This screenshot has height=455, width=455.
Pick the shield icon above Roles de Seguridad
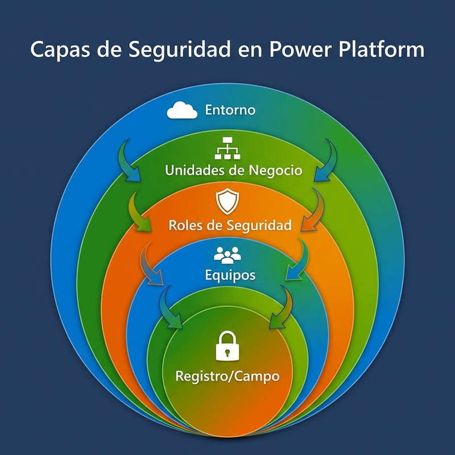click(227, 201)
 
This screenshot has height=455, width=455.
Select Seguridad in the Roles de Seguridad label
click(259, 225)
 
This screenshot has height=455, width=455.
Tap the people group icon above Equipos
click(227, 254)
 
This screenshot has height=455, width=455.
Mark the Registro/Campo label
click(227, 376)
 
